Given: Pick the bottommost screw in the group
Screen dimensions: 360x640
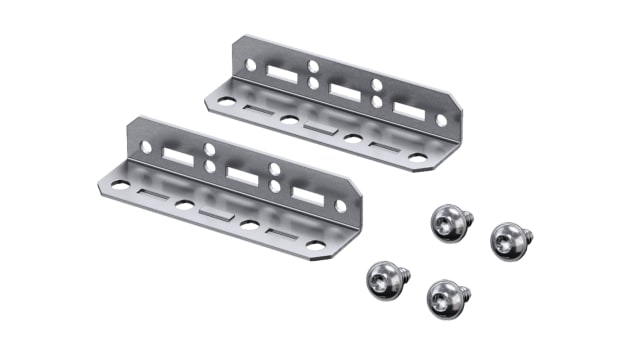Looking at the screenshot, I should click(x=444, y=296).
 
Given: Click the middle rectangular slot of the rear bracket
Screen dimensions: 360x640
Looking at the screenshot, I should click(x=344, y=92).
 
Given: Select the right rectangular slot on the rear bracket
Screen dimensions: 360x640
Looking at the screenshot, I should click(x=405, y=108).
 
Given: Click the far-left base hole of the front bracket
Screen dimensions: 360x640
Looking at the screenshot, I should click(x=121, y=185).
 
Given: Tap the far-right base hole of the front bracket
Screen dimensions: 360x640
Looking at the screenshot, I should click(x=315, y=245).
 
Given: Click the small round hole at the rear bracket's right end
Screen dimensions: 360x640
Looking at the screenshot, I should click(x=441, y=120).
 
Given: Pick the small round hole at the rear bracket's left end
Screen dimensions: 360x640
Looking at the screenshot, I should click(x=250, y=65).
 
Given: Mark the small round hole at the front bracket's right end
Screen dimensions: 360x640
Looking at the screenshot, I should click(x=339, y=206).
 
